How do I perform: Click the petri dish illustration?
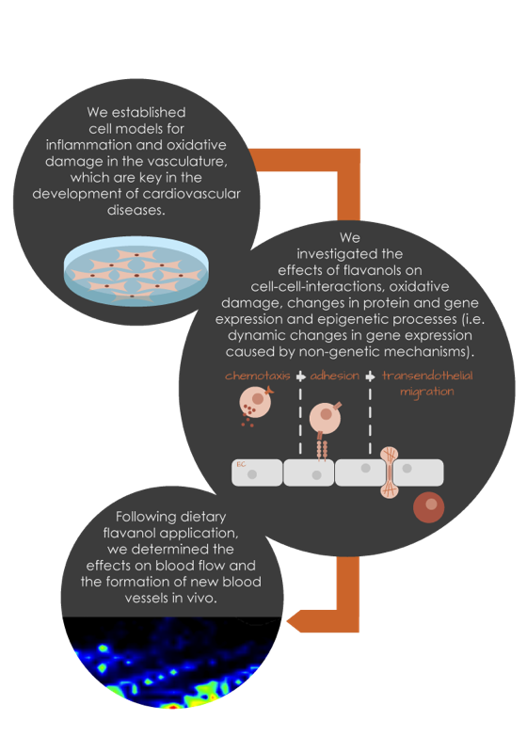(136, 270)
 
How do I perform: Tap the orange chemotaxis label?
(258, 376)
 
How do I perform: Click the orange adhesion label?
(334, 376)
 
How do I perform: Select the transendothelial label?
(427, 376)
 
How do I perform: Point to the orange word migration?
(427, 392)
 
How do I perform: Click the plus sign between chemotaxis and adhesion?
(300, 376)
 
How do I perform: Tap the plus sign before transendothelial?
(370, 376)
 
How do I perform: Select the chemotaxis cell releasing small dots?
(255, 404)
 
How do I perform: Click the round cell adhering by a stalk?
(326, 417)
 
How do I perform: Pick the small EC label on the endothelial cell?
(242, 464)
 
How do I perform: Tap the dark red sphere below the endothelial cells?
(428, 507)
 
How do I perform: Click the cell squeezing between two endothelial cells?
(390, 473)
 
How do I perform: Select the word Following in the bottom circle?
(146, 517)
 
